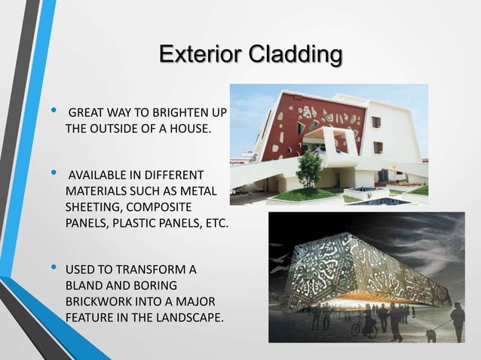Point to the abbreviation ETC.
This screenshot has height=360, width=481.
tap(213, 223)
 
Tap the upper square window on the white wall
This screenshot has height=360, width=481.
tap(376, 122)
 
